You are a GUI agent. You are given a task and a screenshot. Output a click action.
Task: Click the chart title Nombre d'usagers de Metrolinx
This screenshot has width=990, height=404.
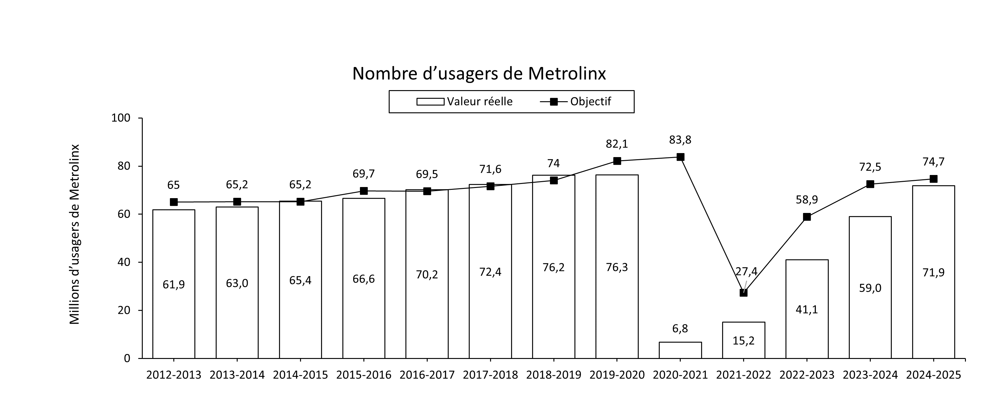(x=479, y=74)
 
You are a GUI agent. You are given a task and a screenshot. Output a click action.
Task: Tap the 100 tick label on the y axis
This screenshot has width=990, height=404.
(x=121, y=118)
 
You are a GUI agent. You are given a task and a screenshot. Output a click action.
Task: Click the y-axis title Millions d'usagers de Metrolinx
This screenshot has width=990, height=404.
(x=74, y=234)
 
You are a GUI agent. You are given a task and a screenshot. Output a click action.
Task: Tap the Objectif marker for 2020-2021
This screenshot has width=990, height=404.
(x=680, y=157)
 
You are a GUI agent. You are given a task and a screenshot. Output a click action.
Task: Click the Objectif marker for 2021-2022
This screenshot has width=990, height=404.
(x=744, y=293)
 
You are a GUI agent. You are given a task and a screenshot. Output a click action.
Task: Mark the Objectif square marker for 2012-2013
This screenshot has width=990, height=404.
(x=174, y=202)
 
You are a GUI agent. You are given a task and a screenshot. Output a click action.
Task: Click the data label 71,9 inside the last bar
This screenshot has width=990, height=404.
(x=933, y=273)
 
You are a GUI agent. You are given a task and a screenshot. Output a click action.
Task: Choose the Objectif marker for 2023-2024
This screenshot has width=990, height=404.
(x=870, y=184)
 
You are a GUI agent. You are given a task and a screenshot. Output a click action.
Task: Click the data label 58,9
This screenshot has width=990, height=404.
(x=807, y=200)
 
